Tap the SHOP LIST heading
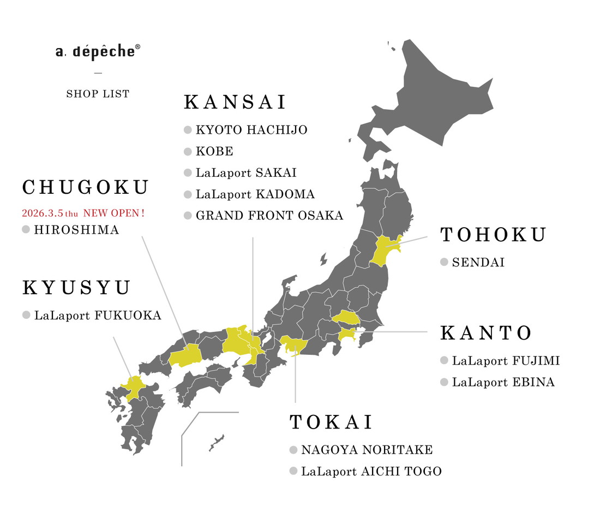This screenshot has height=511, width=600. [x=98, y=94]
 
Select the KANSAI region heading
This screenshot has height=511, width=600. [x=236, y=103]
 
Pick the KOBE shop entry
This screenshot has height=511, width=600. [x=214, y=151]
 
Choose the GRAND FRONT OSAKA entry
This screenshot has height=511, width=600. [x=269, y=216]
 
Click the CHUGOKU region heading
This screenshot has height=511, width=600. [x=86, y=188]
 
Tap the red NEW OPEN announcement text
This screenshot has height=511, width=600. [x=83, y=213]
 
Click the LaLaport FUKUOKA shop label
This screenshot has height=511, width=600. [x=98, y=315]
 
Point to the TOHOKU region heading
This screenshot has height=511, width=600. [x=493, y=235]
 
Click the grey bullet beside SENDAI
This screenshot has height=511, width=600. [x=444, y=263]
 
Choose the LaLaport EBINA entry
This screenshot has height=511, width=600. [x=503, y=382]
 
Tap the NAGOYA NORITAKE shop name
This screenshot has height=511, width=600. [x=367, y=450]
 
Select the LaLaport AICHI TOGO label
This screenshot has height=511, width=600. [x=371, y=471]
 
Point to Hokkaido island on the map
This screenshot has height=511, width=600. [x=431, y=98]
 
